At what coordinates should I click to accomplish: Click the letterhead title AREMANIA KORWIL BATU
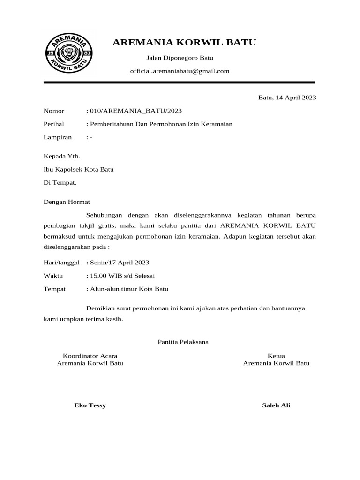pos(185,43)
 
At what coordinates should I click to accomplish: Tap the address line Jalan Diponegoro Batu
pos(180,58)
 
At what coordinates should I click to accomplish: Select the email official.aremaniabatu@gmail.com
pos(180,71)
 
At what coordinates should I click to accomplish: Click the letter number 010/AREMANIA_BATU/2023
pos(136,111)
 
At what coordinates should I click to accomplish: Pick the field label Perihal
pos(53,124)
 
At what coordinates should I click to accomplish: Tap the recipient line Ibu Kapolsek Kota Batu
pos(78,169)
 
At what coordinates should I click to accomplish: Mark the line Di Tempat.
pos(60,182)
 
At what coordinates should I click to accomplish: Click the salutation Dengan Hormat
pos(66,202)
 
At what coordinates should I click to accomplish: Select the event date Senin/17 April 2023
pos(120,262)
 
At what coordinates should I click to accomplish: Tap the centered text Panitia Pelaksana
pos(183,342)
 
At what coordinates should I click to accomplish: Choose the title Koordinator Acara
pos(90,356)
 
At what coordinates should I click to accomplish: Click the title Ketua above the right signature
pos(276,356)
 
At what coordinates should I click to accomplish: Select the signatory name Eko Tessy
pos(90,405)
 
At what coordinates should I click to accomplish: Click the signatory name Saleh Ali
pos(276,405)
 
